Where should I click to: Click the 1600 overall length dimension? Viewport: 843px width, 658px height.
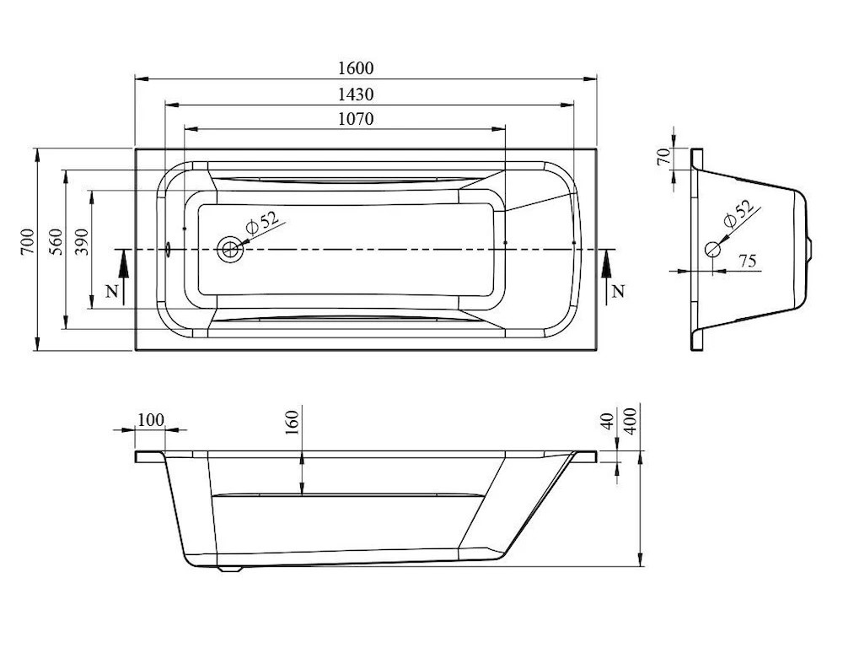tap(356, 68)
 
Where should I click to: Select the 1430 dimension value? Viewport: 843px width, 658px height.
tap(356, 94)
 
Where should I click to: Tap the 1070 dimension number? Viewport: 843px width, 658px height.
tap(356, 118)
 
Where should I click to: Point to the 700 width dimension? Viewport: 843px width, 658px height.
tap(28, 241)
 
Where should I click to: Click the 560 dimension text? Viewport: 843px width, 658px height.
tap(56, 241)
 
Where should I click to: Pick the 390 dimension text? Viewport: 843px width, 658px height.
tap(81, 241)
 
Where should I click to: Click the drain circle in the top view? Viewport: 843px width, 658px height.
tap(230, 249)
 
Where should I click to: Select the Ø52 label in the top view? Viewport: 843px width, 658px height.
tap(261, 222)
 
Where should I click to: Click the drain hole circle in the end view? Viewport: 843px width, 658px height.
tap(713, 249)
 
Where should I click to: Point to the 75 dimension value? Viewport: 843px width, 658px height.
tap(748, 261)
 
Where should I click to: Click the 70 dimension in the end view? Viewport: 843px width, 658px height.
tap(664, 156)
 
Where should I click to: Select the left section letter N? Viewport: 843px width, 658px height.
tap(111, 292)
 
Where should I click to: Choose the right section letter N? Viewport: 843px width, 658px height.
tap(619, 292)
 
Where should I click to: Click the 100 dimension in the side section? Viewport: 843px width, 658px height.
tap(151, 419)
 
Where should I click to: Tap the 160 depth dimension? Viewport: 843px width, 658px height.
tap(292, 423)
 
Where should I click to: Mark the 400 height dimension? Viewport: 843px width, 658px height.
tap(631, 421)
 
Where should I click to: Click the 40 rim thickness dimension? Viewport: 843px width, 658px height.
tap(607, 421)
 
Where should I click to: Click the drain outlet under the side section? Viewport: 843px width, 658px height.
tap(230, 568)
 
